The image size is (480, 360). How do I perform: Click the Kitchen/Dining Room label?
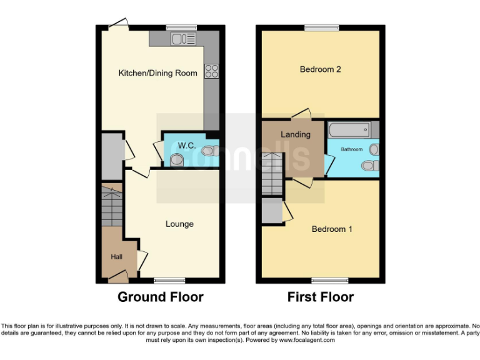point(158,73)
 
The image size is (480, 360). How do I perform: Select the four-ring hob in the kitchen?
point(211,71)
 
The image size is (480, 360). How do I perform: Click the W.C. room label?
point(187,146)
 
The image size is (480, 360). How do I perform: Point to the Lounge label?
point(179,224)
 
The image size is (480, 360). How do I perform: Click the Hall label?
point(116,256)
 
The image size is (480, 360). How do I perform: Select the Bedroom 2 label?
point(320,69)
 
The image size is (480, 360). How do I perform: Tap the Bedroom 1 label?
point(332,229)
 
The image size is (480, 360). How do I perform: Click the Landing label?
point(295,134)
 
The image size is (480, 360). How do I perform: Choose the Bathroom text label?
point(351,149)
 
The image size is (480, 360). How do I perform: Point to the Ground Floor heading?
point(161,297)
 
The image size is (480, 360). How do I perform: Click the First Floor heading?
point(321,297)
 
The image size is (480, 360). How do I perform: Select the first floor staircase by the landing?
point(272,174)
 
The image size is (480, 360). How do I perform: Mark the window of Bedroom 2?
point(322,27)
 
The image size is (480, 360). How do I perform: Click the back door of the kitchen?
point(117,24)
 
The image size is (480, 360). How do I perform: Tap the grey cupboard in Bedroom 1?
point(272,211)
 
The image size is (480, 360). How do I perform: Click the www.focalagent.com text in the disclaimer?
point(307,341)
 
